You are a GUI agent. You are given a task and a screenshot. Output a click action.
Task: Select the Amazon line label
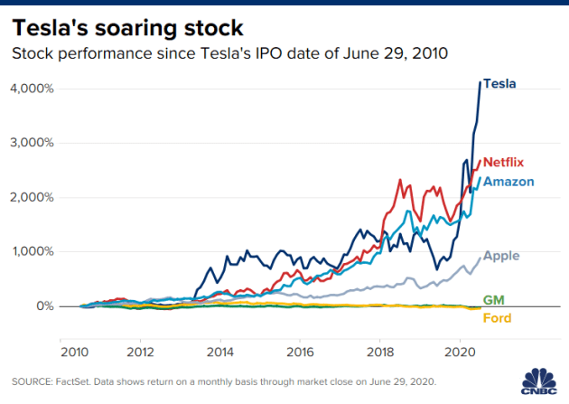[x=508, y=182]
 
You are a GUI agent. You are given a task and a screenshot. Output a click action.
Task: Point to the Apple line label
[x=501, y=256]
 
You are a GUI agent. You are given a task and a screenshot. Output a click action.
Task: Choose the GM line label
[x=494, y=299]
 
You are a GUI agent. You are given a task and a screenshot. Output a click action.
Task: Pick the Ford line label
[x=498, y=318]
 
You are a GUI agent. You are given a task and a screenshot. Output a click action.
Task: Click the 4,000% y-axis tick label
[x=33, y=89]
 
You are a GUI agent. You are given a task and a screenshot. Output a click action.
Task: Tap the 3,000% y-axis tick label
[x=33, y=143]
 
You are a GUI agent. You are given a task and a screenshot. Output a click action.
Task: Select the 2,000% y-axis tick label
[x=33, y=197]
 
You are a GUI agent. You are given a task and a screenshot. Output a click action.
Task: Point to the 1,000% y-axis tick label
[x=33, y=251]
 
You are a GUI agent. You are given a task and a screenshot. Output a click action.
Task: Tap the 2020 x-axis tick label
[x=461, y=349]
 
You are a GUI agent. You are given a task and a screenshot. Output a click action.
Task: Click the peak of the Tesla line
[x=480, y=82]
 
